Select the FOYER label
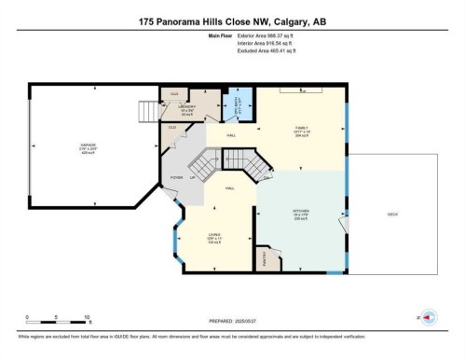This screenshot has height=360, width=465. tap(175, 177)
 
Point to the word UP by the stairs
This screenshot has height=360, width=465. tap(193, 177)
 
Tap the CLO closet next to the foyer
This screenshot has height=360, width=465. tap(171, 128)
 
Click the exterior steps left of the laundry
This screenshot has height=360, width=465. tap(148, 112)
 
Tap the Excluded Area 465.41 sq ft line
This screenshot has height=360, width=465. tap(232, 52)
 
